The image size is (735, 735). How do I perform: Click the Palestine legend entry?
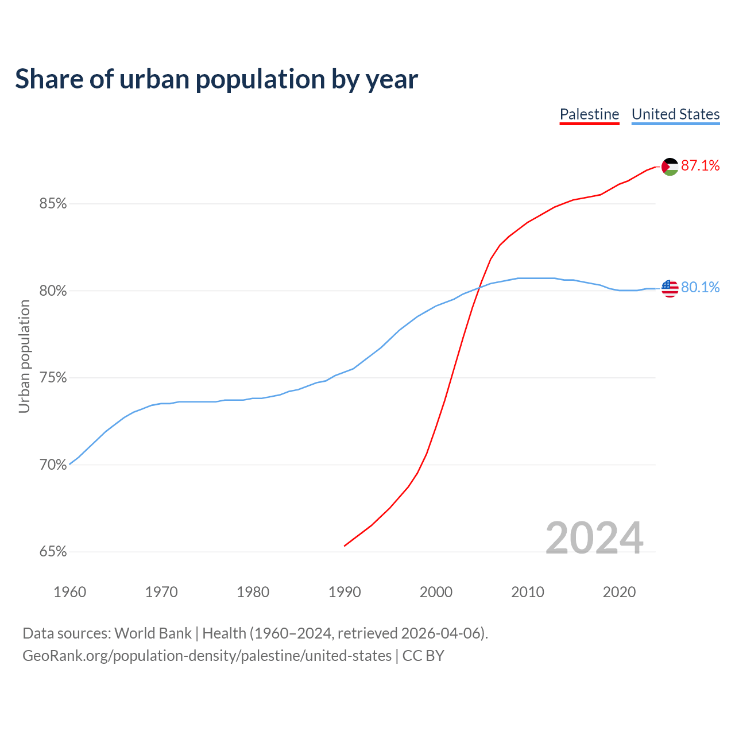pos(589,114)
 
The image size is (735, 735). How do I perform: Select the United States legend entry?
pos(675,114)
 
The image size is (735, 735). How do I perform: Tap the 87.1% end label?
pos(700,166)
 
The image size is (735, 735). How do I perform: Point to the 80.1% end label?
pos(700,287)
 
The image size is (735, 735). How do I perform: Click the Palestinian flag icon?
pos(670,167)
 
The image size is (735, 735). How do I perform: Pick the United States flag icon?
pos(670,288)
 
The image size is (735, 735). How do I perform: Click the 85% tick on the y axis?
pos(53,204)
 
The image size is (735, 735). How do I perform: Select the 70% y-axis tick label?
pos(53,465)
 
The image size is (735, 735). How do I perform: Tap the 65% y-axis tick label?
pos(53,552)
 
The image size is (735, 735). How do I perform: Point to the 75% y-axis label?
pos(53,378)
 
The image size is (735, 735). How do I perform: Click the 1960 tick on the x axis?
pos(69,592)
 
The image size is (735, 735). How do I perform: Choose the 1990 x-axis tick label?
pos(345,592)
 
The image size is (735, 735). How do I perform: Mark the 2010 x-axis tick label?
pos(528,592)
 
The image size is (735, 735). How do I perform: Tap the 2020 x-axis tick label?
pos(619,592)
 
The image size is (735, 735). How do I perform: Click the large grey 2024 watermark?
pos(594,538)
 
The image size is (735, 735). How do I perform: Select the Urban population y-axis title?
pos(24,356)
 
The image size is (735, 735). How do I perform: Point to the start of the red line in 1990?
pos(345,546)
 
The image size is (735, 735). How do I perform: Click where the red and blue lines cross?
pos(479,287)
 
